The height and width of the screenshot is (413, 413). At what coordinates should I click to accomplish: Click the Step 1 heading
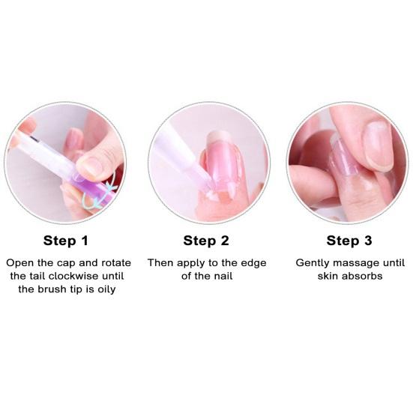click(x=65, y=241)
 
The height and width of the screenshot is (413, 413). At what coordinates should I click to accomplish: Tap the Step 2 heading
click(x=206, y=241)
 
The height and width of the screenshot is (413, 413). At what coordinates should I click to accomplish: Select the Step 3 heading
click(x=349, y=241)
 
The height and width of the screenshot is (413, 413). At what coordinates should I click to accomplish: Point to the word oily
click(x=104, y=290)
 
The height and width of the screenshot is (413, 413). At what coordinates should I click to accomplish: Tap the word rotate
click(x=110, y=264)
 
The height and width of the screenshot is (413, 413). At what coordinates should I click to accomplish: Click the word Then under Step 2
click(x=161, y=263)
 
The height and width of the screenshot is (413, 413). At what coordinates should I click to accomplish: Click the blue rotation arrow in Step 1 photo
click(x=103, y=192)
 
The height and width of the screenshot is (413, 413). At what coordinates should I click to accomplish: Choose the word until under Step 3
click(x=391, y=263)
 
